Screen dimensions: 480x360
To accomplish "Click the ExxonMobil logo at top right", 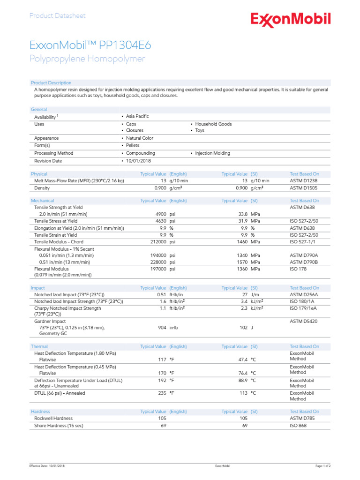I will click(x=291, y=20).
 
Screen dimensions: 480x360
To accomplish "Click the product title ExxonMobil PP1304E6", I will click(x=90, y=45).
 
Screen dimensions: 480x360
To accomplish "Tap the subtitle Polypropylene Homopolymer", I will click(x=87, y=59).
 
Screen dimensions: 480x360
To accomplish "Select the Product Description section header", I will click(x=51, y=83).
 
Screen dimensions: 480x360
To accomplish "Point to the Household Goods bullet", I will click(x=213, y=124).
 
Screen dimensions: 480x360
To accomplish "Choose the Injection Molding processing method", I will click(x=212, y=153).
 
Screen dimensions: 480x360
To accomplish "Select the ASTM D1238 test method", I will click(x=304, y=180).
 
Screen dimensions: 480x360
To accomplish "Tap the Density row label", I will click(x=42, y=188).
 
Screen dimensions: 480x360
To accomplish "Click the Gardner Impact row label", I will click(x=50, y=322).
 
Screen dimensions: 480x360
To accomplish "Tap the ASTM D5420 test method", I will click(x=304, y=322).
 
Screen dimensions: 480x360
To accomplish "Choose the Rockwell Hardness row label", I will click(x=53, y=419).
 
